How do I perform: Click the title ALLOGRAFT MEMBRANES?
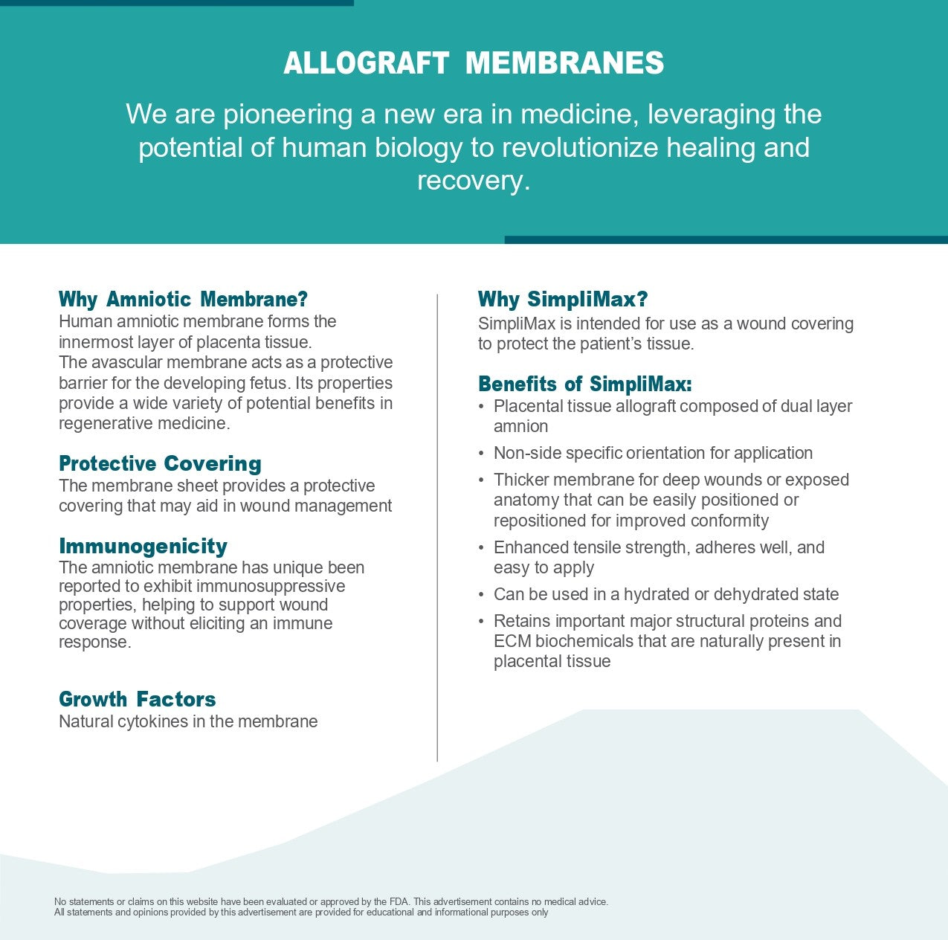pos(474,63)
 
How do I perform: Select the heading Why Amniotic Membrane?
pos(183,299)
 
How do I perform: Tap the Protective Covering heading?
pos(160,463)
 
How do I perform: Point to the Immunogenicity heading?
pos(143,546)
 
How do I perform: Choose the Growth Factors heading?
pos(137,699)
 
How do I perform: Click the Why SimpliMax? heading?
pos(563,299)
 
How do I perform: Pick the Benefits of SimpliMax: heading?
pos(584,384)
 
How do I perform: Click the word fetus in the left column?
pos(272,383)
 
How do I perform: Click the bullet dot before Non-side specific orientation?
pos(481,454)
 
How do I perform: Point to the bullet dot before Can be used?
pos(481,595)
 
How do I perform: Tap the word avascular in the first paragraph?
pos(126,362)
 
